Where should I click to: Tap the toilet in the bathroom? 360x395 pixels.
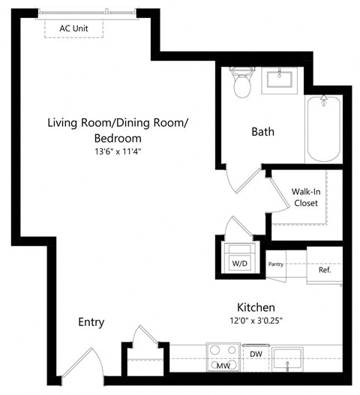pyautogui.click(x=242, y=84)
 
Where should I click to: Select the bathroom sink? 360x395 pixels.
pyautogui.click(x=281, y=79)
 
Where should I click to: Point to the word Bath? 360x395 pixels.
pyautogui.click(x=262, y=132)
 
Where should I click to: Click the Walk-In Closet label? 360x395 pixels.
pyautogui.click(x=305, y=197)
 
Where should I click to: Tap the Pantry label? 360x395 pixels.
pyautogui.click(x=275, y=264)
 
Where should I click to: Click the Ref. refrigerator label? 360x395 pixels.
pyautogui.click(x=325, y=269)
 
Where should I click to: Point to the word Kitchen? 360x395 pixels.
pyautogui.click(x=256, y=307)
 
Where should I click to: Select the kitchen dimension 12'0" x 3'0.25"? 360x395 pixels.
pyautogui.click(x=256, y=321)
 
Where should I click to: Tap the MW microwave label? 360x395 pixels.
pyautogui.click(x=222, y=366)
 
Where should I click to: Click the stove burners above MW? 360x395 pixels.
pyautogui.click(x=222, y=351)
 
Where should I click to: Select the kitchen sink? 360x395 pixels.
pyautogui.click(x=288, y=358)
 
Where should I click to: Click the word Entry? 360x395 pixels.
pyautogui.click(x=91, y=322)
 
